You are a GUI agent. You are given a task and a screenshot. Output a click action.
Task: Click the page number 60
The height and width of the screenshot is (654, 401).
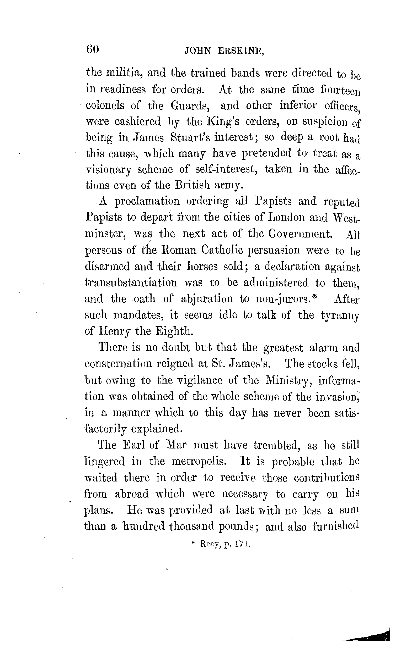pos(93,49)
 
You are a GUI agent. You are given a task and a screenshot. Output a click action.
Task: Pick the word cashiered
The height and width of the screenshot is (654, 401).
pos(138,121)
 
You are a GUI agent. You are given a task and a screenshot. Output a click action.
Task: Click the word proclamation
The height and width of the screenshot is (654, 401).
pos(147,202)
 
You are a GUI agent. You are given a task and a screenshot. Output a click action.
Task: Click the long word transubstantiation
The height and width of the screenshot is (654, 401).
pos(131,282)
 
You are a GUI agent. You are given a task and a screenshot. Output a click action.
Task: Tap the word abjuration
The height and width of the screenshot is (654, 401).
pos(207,299)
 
